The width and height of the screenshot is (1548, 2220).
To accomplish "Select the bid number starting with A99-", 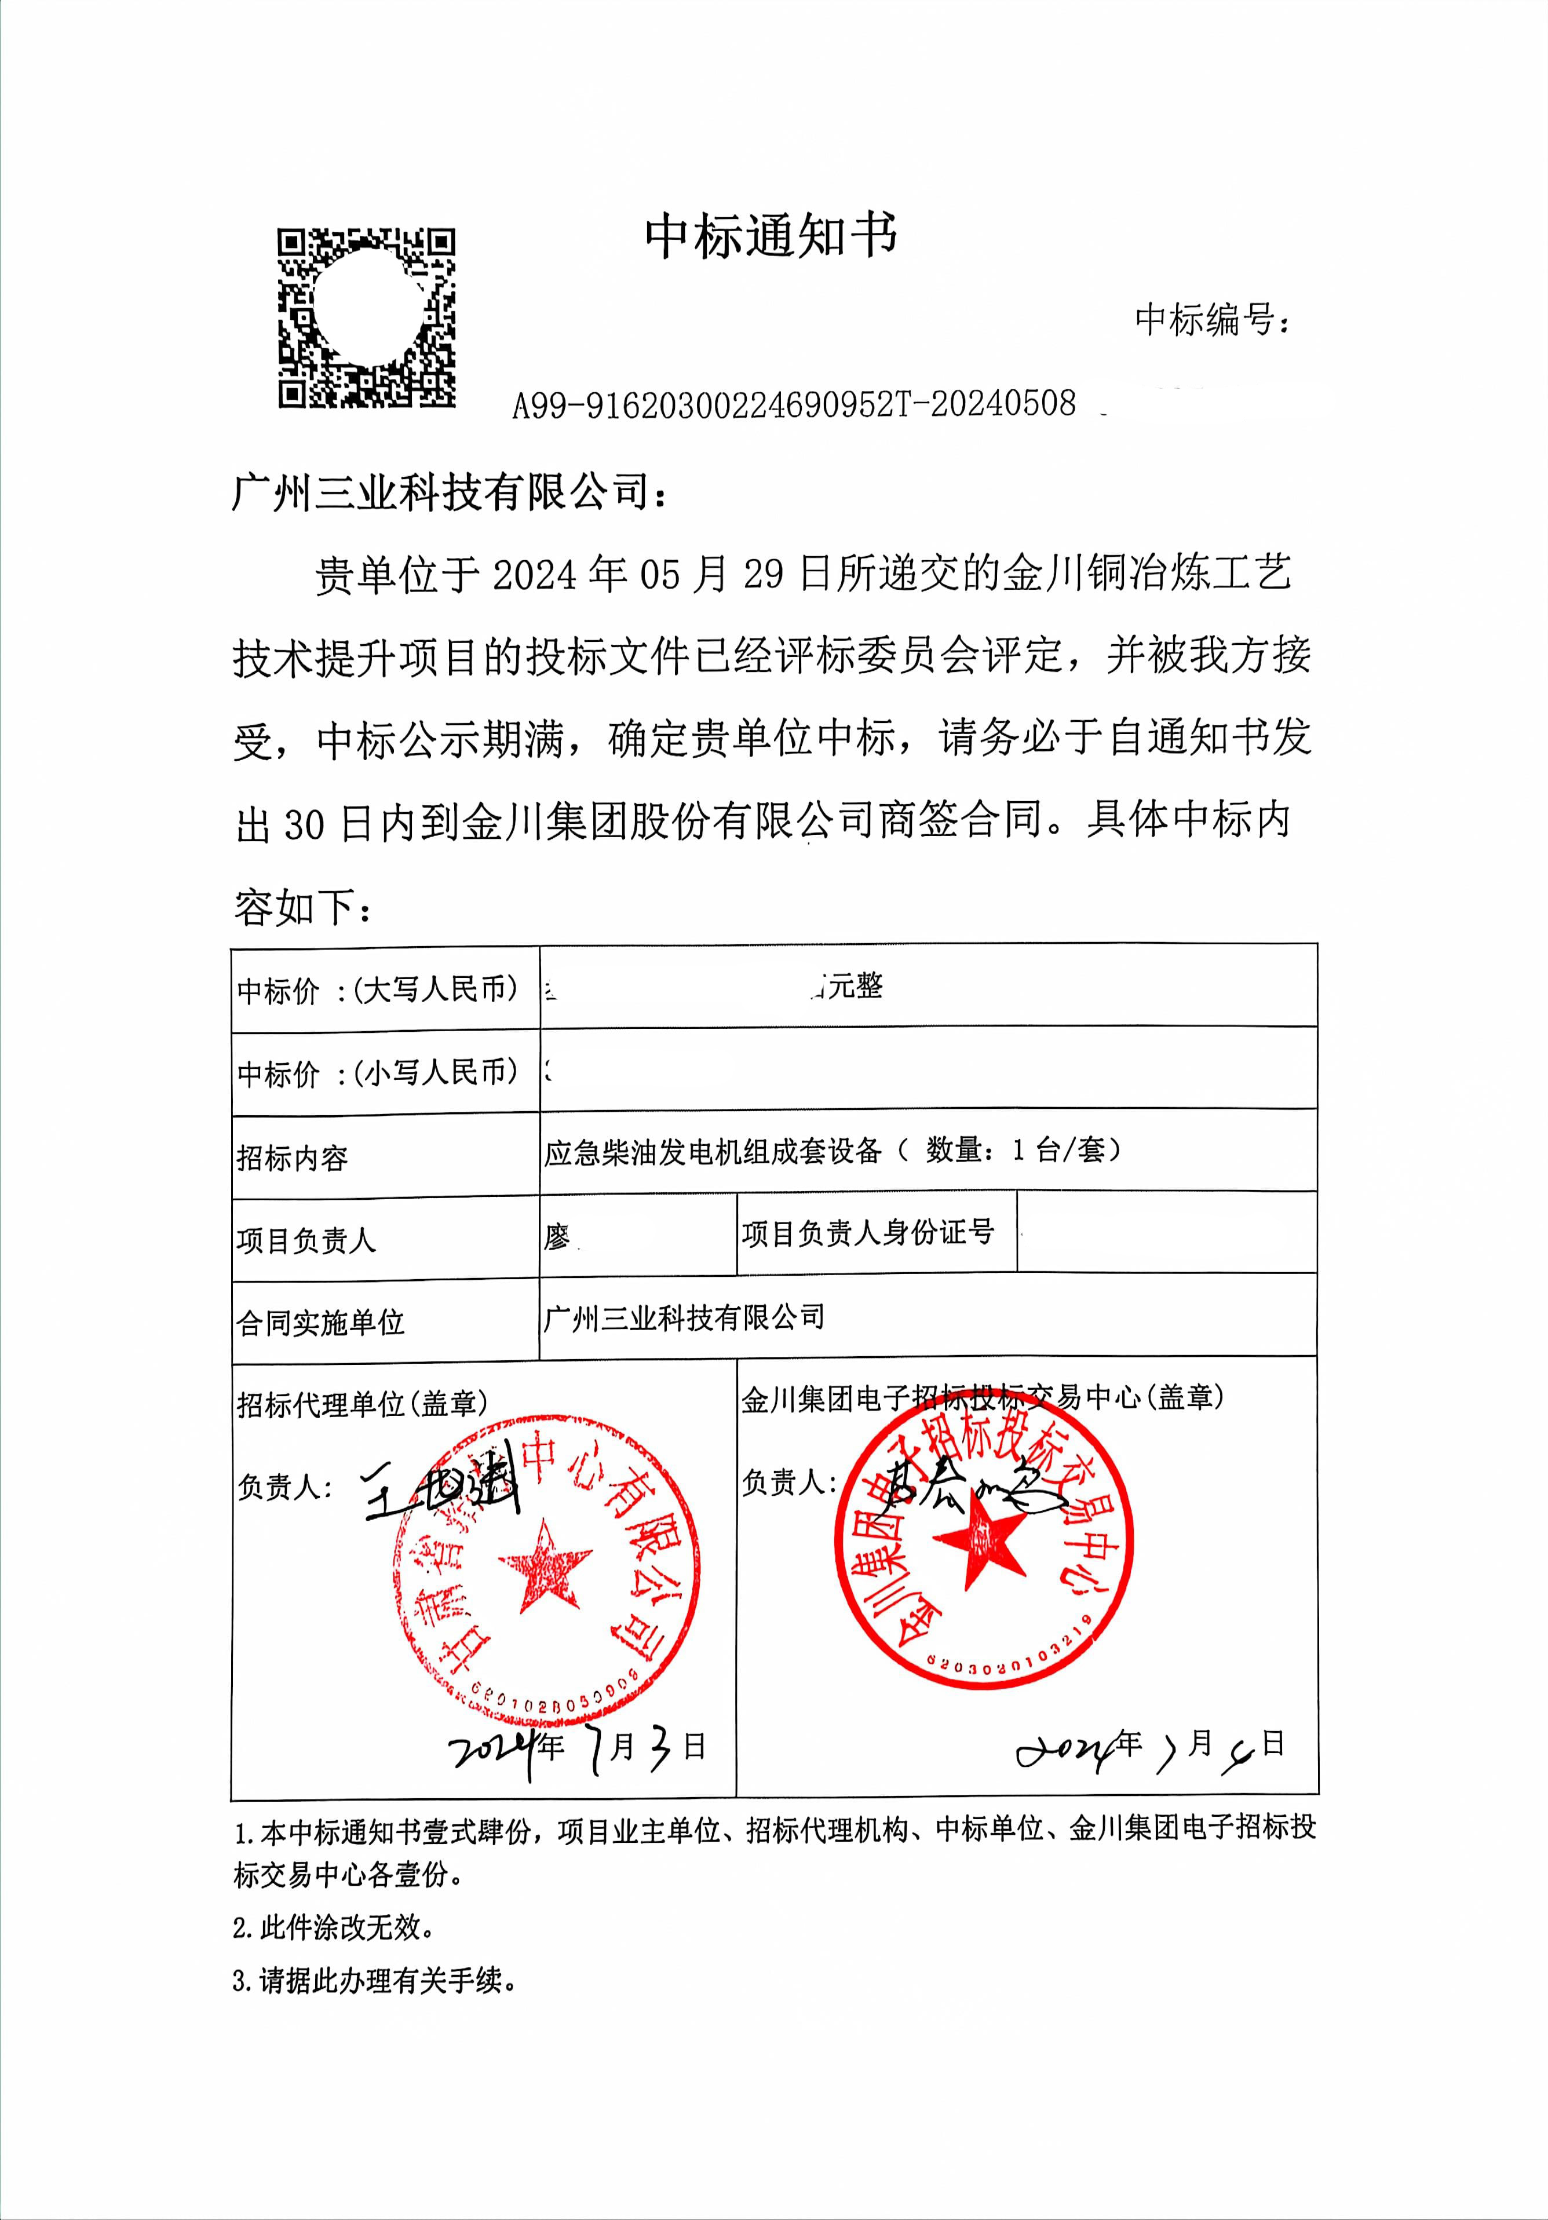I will point(793,404).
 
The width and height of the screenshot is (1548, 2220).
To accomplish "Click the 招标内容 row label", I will point(292,1158).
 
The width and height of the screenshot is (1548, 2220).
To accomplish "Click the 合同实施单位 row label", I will point(320,1322).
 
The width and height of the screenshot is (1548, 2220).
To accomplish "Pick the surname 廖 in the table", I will point(557,1237).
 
